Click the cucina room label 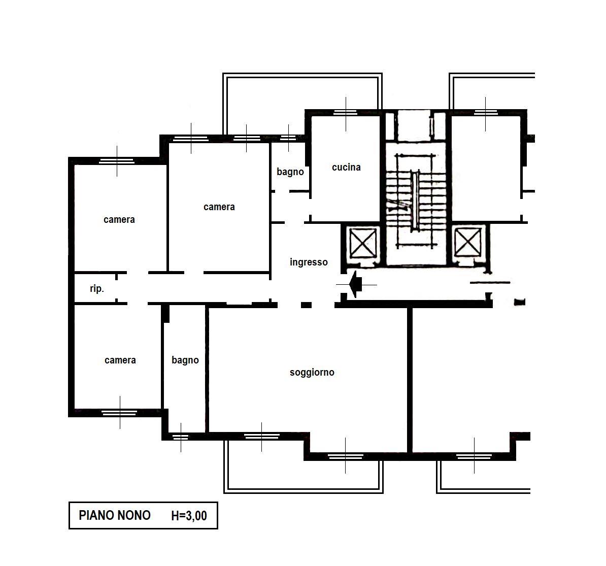click(x=346, y=167)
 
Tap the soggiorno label click(x=312, y=373)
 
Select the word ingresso click(x=309, y=262)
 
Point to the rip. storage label click(x=96, y=289)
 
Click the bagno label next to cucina click(x=290, y=172)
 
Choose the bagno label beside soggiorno click(x=185, y=360)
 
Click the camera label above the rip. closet click(x=119, y=220)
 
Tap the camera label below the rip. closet click(x=120, y=360)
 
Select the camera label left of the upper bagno click(x=219, y=207)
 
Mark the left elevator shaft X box click(x=362, y=243)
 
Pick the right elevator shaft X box click(x=467, y=243)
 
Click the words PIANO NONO click(x=114, y=515)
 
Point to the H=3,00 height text click(x=189, y=516)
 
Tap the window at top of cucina click(x=346, y=113)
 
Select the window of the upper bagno click(x=288, y=138)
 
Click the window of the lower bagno click(x=181, y=437)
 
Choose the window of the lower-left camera click(x=119, y=413)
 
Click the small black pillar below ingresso click(x=306, y=305)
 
